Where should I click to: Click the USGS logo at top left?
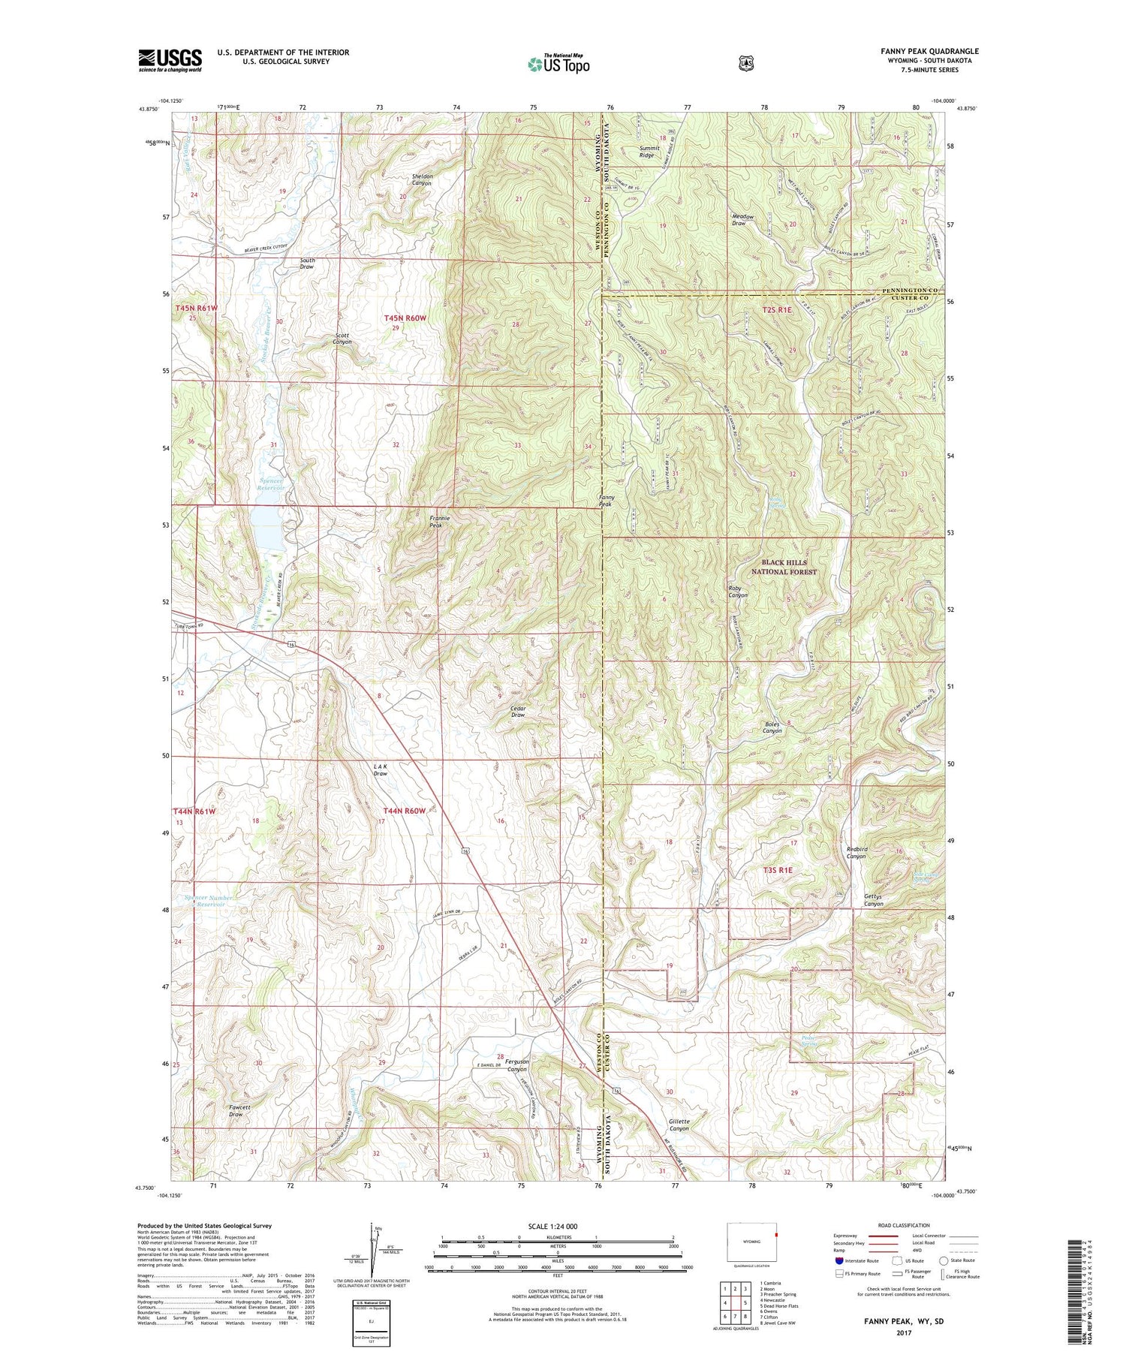tap(170, 60)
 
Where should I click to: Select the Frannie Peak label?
tap(441, 522)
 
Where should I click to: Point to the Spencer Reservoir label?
tap(271, 484)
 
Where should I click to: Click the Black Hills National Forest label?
tap(784, 567)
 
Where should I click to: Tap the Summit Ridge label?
tap(649, 152)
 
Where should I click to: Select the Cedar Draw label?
tap(517, 711)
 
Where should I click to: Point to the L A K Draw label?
tap(381, 769)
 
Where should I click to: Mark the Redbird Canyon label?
tap(857, 852)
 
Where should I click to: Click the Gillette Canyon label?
tap(679, 1125)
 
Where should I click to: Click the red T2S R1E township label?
tap(777, 309)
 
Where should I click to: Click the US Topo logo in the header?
tap(558, 64)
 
